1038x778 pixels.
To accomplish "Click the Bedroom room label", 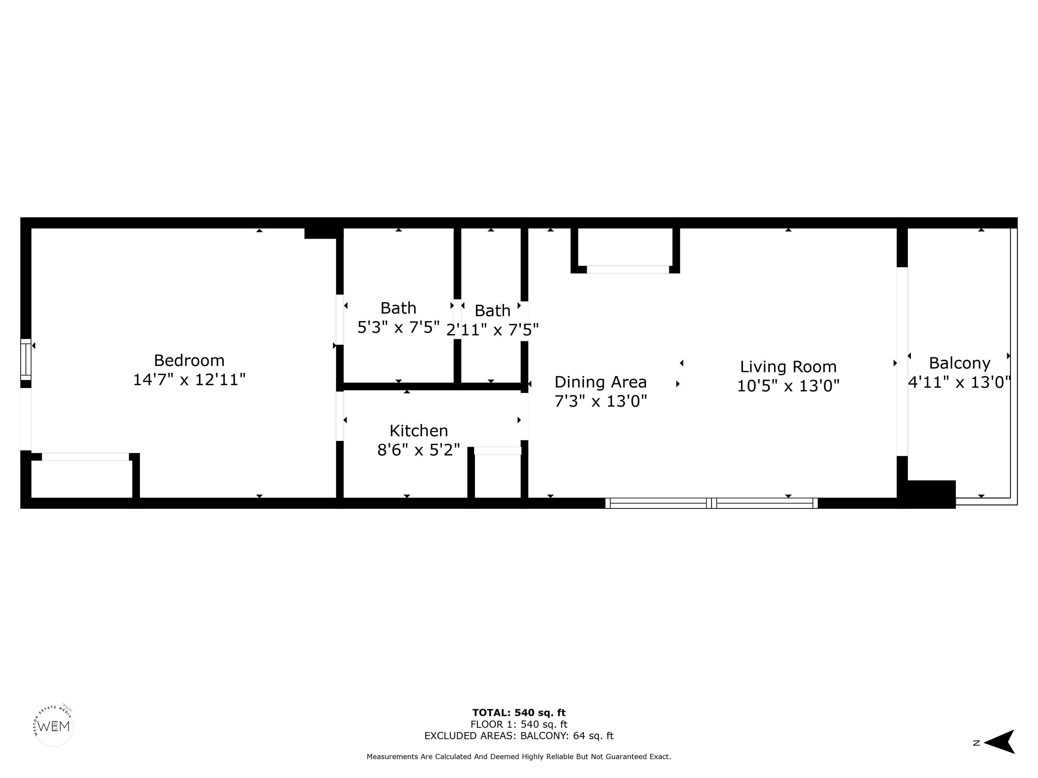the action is [x=189, y=361].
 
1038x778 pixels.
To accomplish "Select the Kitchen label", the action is [x=419, y=431].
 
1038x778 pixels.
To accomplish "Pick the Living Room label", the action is [x=788, y=367].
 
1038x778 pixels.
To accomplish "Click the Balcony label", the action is [x=960, y=363].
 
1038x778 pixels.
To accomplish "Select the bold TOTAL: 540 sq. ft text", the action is [x=519, y=713].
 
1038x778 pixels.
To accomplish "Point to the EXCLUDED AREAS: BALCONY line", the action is [x=519, y=736].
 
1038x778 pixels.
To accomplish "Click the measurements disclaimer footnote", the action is [x=519, y=756].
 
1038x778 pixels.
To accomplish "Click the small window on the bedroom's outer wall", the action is [x=26, y=360].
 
